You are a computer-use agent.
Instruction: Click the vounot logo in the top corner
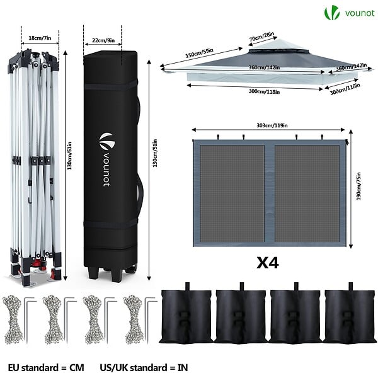[349, 13]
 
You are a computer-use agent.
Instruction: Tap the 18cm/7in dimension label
[40, 38]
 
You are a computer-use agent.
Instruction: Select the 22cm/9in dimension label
[103, 40]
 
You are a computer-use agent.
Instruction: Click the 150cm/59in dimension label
[199, 53]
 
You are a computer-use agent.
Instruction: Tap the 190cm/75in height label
[358, 186]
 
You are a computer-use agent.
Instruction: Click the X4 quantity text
[267, 263]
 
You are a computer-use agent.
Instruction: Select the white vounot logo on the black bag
[107, 159]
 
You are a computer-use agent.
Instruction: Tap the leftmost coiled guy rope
[13, 319]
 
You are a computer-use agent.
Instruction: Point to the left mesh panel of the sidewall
[232, 193]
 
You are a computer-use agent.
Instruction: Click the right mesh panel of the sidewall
[307, 193]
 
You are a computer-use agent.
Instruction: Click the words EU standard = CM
[46, 368]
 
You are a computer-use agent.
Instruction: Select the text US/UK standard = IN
[144, 368]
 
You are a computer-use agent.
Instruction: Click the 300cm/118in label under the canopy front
[264, 91]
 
